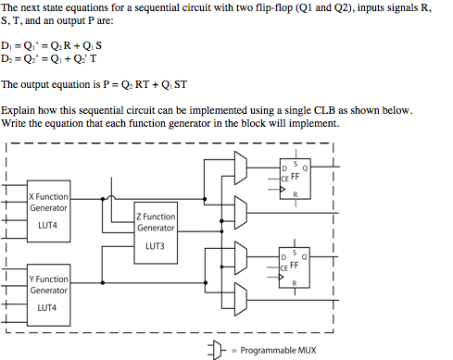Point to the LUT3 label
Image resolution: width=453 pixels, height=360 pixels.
coord(155,247)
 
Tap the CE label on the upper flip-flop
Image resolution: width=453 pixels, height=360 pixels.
coord(283,178)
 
